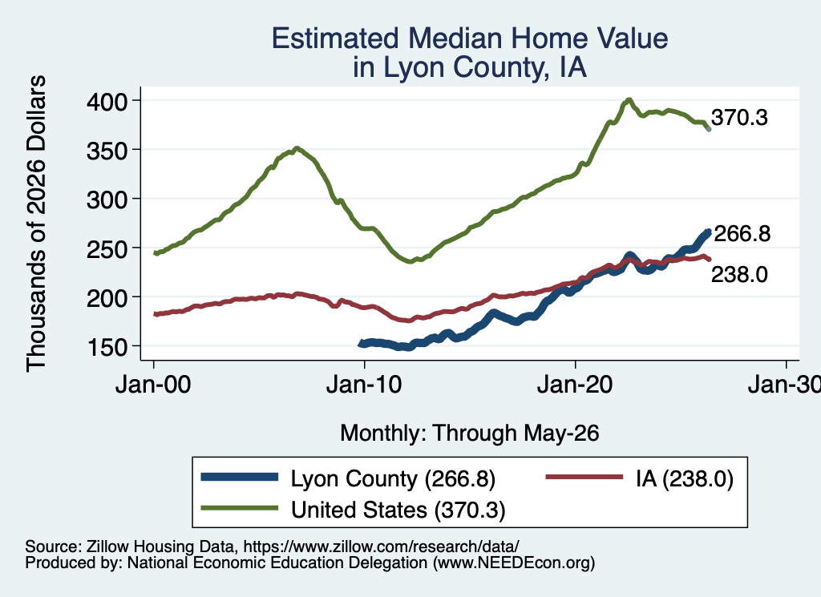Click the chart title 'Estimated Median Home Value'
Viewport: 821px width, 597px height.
tap(470, 38)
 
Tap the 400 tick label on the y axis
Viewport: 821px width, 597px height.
tap(107, 101)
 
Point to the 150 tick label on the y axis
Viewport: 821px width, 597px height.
tap(107, 347)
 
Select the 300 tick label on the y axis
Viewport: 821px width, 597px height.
tap(107, 200)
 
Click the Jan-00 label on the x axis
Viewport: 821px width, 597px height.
tap(153, 385)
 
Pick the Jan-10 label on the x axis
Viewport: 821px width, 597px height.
tap(364, 385)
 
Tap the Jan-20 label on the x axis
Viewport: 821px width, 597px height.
tap(575, 385)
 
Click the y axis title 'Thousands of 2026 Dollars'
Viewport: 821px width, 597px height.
tap(36, 224)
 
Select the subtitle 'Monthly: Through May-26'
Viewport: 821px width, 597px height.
tap(470, 433)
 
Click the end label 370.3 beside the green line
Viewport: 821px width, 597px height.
tap(739, 118)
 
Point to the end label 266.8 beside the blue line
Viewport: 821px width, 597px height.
tap(742, 233)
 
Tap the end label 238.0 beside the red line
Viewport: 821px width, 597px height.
tap(739, 274)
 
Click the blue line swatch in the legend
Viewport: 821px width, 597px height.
tap(240, 477)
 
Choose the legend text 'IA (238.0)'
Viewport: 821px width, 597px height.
tap(685, 478)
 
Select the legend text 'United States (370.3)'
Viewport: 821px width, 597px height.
tap(398, 510)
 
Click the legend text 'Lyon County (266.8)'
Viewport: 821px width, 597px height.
tap(393, 478)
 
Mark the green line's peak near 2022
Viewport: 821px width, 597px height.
tap(629, 99)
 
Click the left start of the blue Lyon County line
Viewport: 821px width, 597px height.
tap(360, 344)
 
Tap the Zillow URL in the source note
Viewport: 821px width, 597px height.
tap(381, 547)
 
